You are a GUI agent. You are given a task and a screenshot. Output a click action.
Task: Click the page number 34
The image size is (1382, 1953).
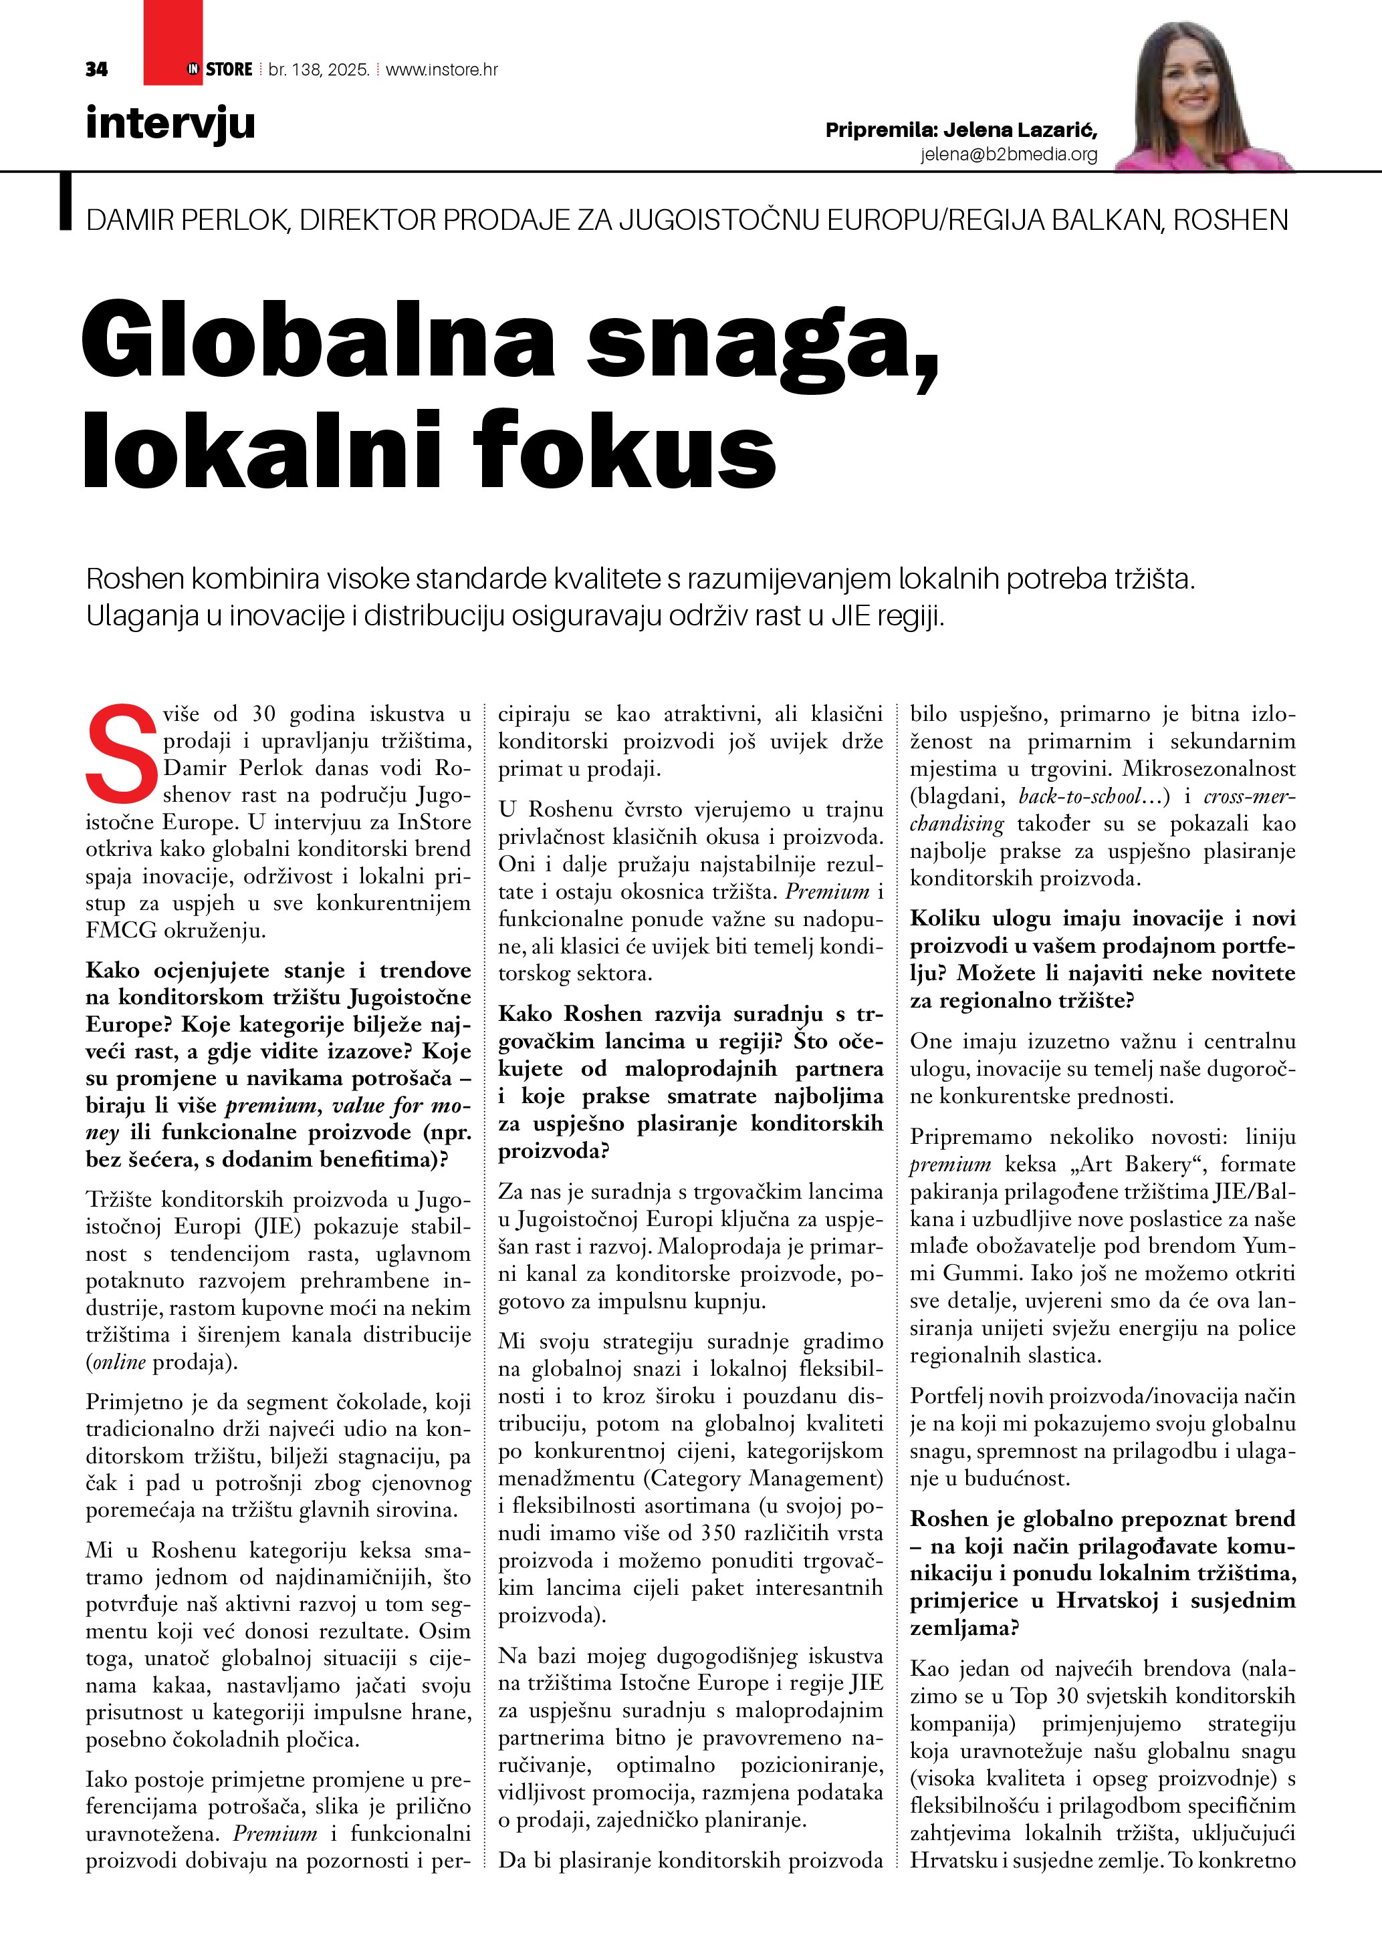[x=96, y=69]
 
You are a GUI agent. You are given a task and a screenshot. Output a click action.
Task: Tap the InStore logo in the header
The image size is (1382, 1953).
[x=219, y=69]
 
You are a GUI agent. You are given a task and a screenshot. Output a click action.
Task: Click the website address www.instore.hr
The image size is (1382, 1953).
[x=442, y=69]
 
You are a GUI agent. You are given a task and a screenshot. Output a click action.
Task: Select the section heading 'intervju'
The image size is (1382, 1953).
[x=170, y=124]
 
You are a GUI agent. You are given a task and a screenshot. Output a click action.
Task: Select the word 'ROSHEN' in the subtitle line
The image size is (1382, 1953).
[x=1230, y=220]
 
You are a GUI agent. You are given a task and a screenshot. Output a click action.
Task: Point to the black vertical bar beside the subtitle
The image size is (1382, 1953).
[x=66, y=202]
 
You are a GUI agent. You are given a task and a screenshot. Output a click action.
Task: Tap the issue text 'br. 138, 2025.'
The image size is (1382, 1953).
[x=318, y=69]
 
